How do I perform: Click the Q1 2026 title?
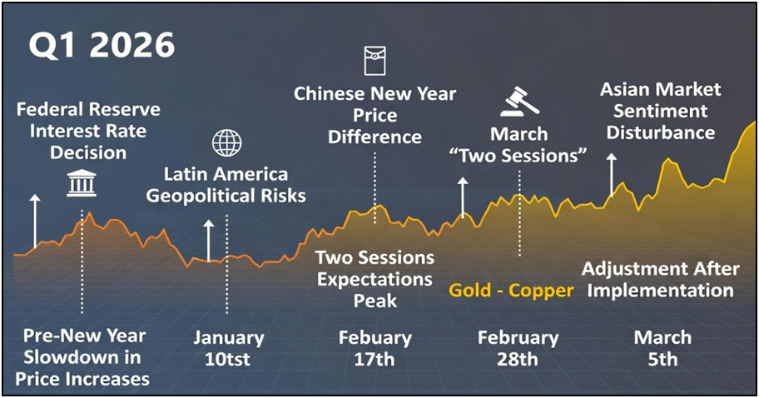[102, 45]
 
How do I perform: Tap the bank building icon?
[82, 183]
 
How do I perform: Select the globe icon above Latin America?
[226, 143]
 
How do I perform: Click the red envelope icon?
[375, 61]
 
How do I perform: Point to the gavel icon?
[519, 102]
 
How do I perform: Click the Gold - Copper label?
[511, 291]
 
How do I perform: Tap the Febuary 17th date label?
[375, 349]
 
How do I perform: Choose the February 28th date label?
[518, 349]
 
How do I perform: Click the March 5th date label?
[662, 349]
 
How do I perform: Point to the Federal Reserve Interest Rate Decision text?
[88, 131]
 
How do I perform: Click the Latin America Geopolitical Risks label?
[226, 185]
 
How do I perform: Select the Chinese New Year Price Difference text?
[375, 115]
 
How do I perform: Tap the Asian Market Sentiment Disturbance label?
[661, 111]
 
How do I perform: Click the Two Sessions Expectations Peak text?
[375, 279]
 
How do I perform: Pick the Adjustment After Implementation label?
[661, 280]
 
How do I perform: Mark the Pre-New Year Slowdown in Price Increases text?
[83, 357]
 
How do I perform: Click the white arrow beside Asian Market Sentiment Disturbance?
[612, 175]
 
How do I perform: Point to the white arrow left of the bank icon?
[35, 221]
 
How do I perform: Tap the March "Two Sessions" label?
[518, 145]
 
